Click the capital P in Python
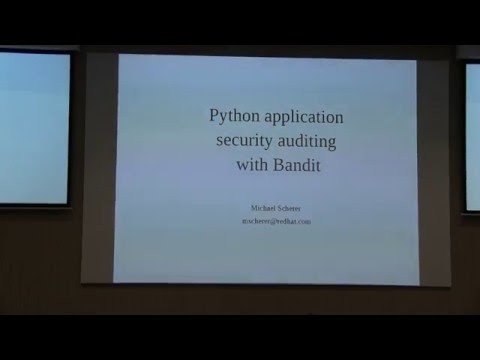[x=214, y=117]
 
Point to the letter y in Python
[x=224, y=120]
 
